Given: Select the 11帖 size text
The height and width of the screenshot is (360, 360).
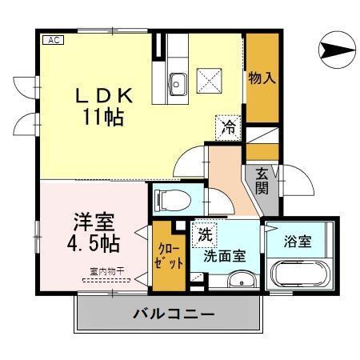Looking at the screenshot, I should [101, 117].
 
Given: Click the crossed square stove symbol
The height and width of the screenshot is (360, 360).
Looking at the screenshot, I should [212, 80].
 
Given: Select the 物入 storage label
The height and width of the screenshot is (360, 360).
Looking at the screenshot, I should [262, 78].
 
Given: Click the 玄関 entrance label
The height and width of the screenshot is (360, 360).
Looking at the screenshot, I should [262, 181].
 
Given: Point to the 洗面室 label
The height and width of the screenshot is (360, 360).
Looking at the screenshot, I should [226, 256].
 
